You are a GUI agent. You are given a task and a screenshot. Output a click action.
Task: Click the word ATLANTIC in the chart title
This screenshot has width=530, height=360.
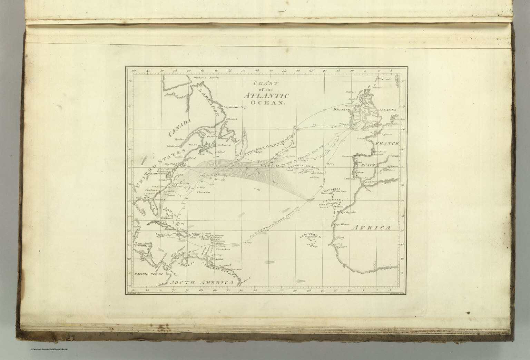[266, 96]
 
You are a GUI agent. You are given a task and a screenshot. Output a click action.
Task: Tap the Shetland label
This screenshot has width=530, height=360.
[384, 79]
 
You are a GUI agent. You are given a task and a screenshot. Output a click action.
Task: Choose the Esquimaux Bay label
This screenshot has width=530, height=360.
[234, 107]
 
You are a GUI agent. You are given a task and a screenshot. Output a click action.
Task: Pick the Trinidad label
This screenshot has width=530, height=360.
[218, 259]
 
